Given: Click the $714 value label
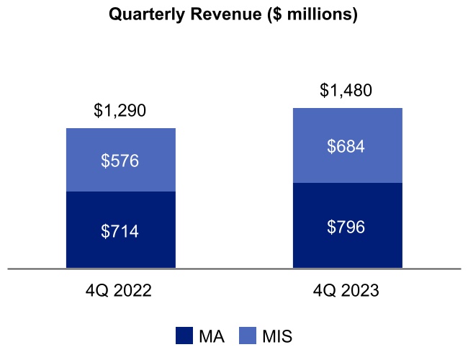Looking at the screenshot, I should pyautogui.click(x=121, y=231).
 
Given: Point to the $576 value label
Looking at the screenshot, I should pyautogui.click(x=121, y=161).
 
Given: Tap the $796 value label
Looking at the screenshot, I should pyautogui.click(x=347, y=227).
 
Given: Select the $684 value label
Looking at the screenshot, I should pyautogui.click(x=347, y=147).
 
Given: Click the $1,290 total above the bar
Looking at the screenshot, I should pyautogui.click(x=120, y=111).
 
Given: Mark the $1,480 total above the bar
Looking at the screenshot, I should pyautogui.click(x=347, y=91).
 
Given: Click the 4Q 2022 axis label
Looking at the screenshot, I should pyautogui.click(x=121, y=291).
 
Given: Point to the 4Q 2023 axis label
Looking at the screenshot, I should pyautogui.click(x=347, y=291).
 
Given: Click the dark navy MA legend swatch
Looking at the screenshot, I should pyautogui.click(x=184, y=336).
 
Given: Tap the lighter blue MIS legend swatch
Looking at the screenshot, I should pyautogui.click(x=248, y=336).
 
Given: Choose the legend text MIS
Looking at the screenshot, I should pyautogui.click(x=277, y=336).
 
